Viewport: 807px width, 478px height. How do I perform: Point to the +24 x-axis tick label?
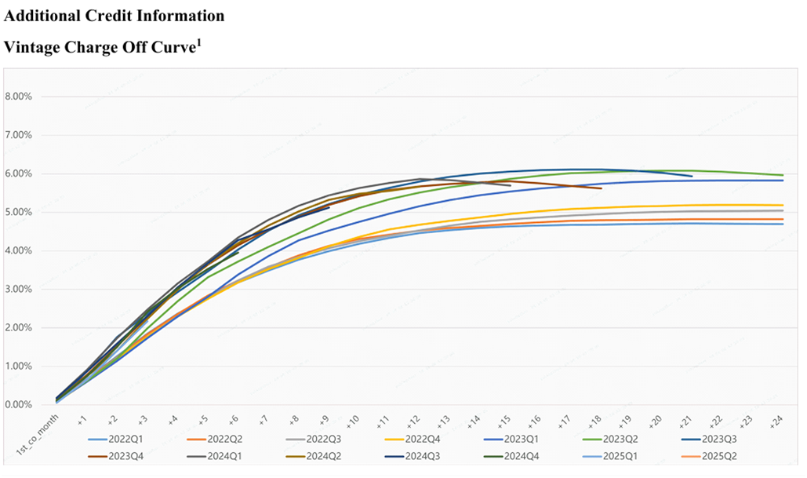click(777, 421)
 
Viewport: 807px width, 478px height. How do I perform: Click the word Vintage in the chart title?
click(32, 48)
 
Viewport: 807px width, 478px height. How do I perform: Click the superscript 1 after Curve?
click(200, 42)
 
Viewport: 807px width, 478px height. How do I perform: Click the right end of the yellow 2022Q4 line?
click(783, 205)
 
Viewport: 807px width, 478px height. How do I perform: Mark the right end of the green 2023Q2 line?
click(783, 175)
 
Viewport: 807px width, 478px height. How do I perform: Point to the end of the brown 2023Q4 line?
click(601, 188)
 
